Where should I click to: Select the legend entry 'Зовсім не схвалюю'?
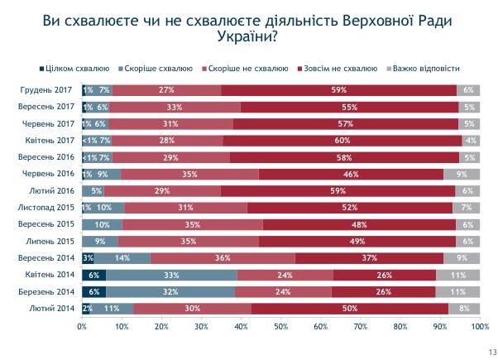pos(333,68)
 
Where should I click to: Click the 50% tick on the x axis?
pos(280,327)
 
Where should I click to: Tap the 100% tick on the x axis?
pos(479,327)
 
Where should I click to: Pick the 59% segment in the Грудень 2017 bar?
pos(339,89)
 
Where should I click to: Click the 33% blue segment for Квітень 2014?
pos(171,275)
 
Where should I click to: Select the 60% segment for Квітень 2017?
pos(342,142)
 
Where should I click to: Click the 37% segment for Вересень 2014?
pos(370,258)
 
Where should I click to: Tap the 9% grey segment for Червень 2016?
pos(461,175)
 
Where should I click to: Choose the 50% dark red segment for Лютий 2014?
pos(350,309)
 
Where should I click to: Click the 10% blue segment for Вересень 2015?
pos(103,224)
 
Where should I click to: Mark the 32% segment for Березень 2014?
pos(170,292)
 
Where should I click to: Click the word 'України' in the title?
pos(247,38)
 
